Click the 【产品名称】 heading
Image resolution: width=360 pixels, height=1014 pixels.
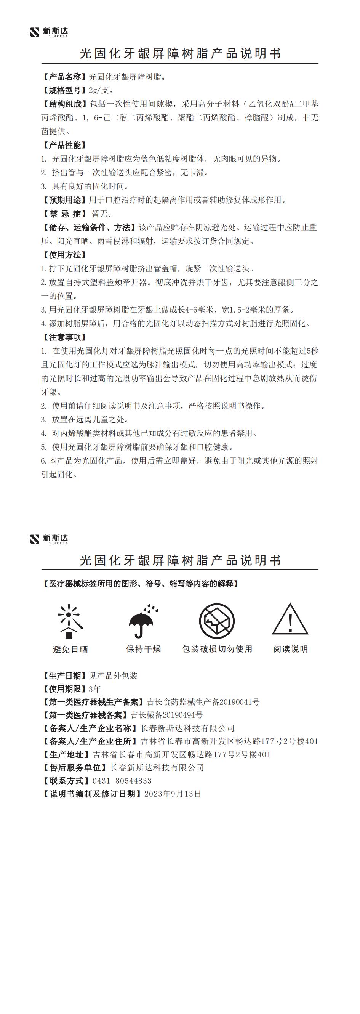pyautogui.click(x=64, y=77)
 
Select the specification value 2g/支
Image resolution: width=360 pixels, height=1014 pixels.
pyautogui.click(x=101, y=91)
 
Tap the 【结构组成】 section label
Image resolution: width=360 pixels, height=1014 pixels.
pyautogui.click(x=64, y=104)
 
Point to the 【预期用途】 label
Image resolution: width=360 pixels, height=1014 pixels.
pyautogui.click(x=64, y=200)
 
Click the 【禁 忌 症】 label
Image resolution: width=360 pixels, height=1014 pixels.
pyautogui.click(x=64, y=214)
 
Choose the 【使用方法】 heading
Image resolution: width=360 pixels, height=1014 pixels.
pyautogui.click(x=64, y=255)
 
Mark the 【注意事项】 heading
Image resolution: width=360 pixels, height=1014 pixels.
pyautogui.click(x=64, y=337)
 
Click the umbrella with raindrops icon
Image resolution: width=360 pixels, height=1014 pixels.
pyautogui.click(x=143, y=621)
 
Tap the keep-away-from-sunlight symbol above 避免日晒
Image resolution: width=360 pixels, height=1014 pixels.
pyautogui.click(x=70, y=621)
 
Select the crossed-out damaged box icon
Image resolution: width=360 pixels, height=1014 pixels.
pyautogui.click(x=217, y=621)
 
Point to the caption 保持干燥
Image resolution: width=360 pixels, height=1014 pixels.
pyautogui.click(x=144, y=649)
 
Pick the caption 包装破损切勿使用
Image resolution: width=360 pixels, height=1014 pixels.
pyautogui.click(x=217, y=649)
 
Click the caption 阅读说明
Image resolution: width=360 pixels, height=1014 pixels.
pyautogui.click(x=290, y=649)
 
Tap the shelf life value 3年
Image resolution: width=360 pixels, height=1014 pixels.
pyautogui.click(x=95, y=689)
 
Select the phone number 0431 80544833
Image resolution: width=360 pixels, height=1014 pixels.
pyautogui.click(x=122, y=781)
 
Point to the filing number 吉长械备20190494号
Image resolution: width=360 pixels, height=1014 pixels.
pyautogui.click(x=166, y=715)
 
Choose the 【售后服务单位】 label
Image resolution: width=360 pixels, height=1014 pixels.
pyautogui.click(x=74, y=768)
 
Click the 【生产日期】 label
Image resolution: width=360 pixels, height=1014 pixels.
pyautogui.click(x=64, y=676)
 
